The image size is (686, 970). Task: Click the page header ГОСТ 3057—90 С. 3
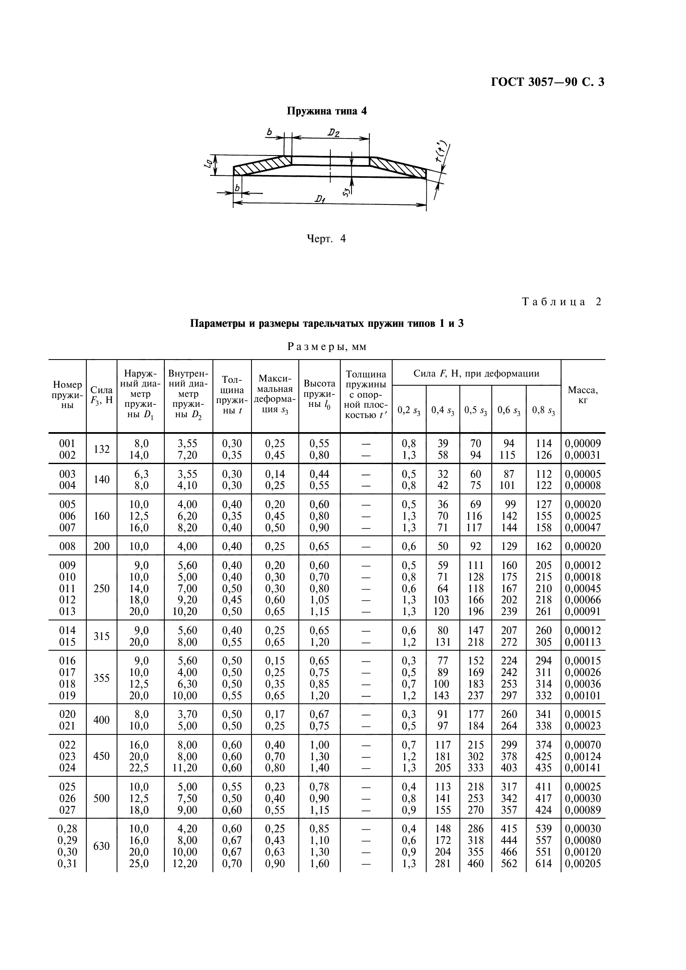pyautogui.click(x=547, y=82)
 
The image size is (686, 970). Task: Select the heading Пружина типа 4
pyautogui.click(x=327, y=111)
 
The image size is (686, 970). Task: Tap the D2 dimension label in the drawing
pyautogui.click(x=334, y=133)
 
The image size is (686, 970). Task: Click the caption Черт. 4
pyautogui.click(x=326, y=239)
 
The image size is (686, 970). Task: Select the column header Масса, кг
pyautogui.click(x=582, y=395)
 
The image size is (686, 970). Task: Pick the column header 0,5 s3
pyautogui.click(x=476, y=410)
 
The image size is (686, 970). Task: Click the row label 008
pyautogui.click(x=67, y=546)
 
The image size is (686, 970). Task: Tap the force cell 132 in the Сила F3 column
pyautogui.click(x=101, y=450)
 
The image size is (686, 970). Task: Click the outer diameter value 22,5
pyautogui.click(x=139, y=768)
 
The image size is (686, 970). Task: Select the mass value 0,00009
pyautogui.click(x=582, y=444)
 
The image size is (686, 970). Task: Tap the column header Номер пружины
pyautogui.click(x=67, y=395)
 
